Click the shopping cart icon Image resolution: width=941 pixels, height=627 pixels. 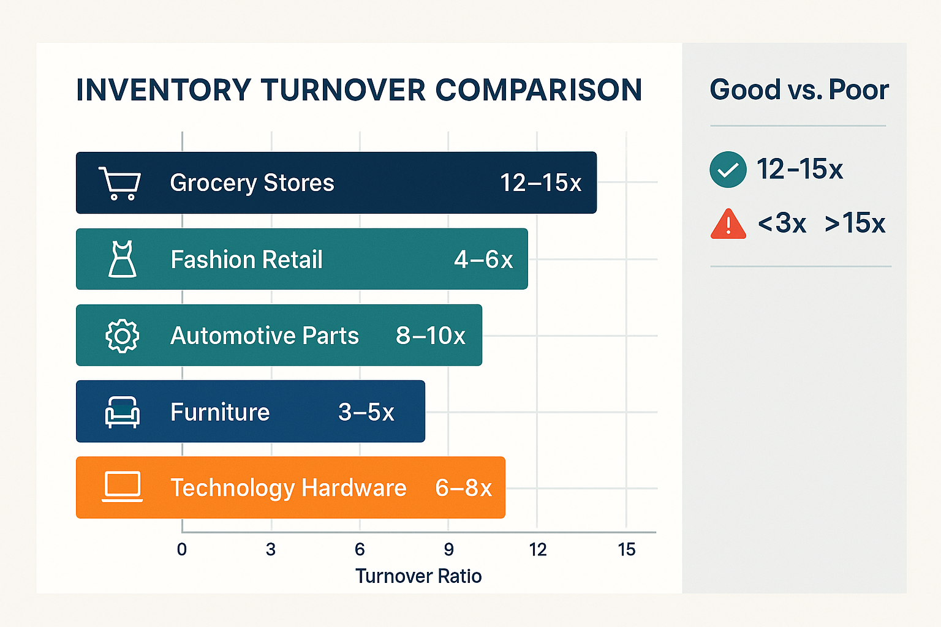(x=120, y=183)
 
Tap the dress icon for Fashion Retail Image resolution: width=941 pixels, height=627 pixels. (x=122, y=259)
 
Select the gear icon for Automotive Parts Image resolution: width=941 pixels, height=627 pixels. (x=122, y=336)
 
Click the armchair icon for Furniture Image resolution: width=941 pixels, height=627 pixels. (x=122, y=411)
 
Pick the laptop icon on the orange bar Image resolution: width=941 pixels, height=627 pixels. (x=122, y=487)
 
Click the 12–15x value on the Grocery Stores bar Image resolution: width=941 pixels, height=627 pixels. (x=540, y=182)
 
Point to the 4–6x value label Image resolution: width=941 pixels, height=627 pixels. (x=483, y=260)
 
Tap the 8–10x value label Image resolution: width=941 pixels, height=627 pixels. (x=430, y=336)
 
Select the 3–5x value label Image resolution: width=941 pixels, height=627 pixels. (x=366, y=412)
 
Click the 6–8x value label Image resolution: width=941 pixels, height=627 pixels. (x=463, y=488)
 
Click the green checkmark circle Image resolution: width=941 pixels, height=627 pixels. (x=728, y=169)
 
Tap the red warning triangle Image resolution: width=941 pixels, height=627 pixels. (x=728, y=224)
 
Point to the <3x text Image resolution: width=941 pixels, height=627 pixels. (x=782, y=223)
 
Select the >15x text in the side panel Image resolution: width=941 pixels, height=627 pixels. (x=855, y=223)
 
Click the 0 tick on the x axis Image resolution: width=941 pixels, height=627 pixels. (x=182, y=549)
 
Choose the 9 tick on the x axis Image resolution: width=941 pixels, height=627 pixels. (x=448, y=549)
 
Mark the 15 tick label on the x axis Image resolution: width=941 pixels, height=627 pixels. (x=626, y=549)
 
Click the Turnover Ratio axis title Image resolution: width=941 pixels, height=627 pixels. (x=418, y=576)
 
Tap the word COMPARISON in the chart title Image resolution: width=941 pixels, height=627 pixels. (x=539, y=90)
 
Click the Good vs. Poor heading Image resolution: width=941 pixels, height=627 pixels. (x=799, y=90)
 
